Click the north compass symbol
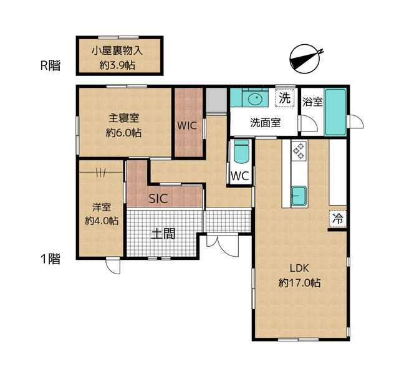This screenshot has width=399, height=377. [x=305, y=59]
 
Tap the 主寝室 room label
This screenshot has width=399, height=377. [x=124, y=118]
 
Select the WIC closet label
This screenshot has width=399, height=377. [x=187, y=126]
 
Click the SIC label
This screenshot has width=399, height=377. [x=158, y=199]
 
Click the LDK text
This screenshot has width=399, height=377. [x=299, y=268]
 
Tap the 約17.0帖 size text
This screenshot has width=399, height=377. [x=299, y=283]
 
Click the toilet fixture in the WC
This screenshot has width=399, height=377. [x=241, y=152]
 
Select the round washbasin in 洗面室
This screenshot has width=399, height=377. [x=255, y=98]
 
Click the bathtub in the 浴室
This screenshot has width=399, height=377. [x=335, y=112]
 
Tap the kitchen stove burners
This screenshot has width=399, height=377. [x=299, y=151]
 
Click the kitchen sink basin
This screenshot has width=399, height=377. [x=299, y=196]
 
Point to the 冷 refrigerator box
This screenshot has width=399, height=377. [x=338, y=219]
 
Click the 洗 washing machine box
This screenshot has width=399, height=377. [x=284, y=98]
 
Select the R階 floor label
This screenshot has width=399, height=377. [x=50, y=65]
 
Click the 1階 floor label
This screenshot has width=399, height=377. [x=50, y=259]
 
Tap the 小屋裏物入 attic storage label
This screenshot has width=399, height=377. [x=117, y=51]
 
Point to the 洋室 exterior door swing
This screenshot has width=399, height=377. [x=113, y=266]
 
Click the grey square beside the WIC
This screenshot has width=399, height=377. [x=216, y=100]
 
